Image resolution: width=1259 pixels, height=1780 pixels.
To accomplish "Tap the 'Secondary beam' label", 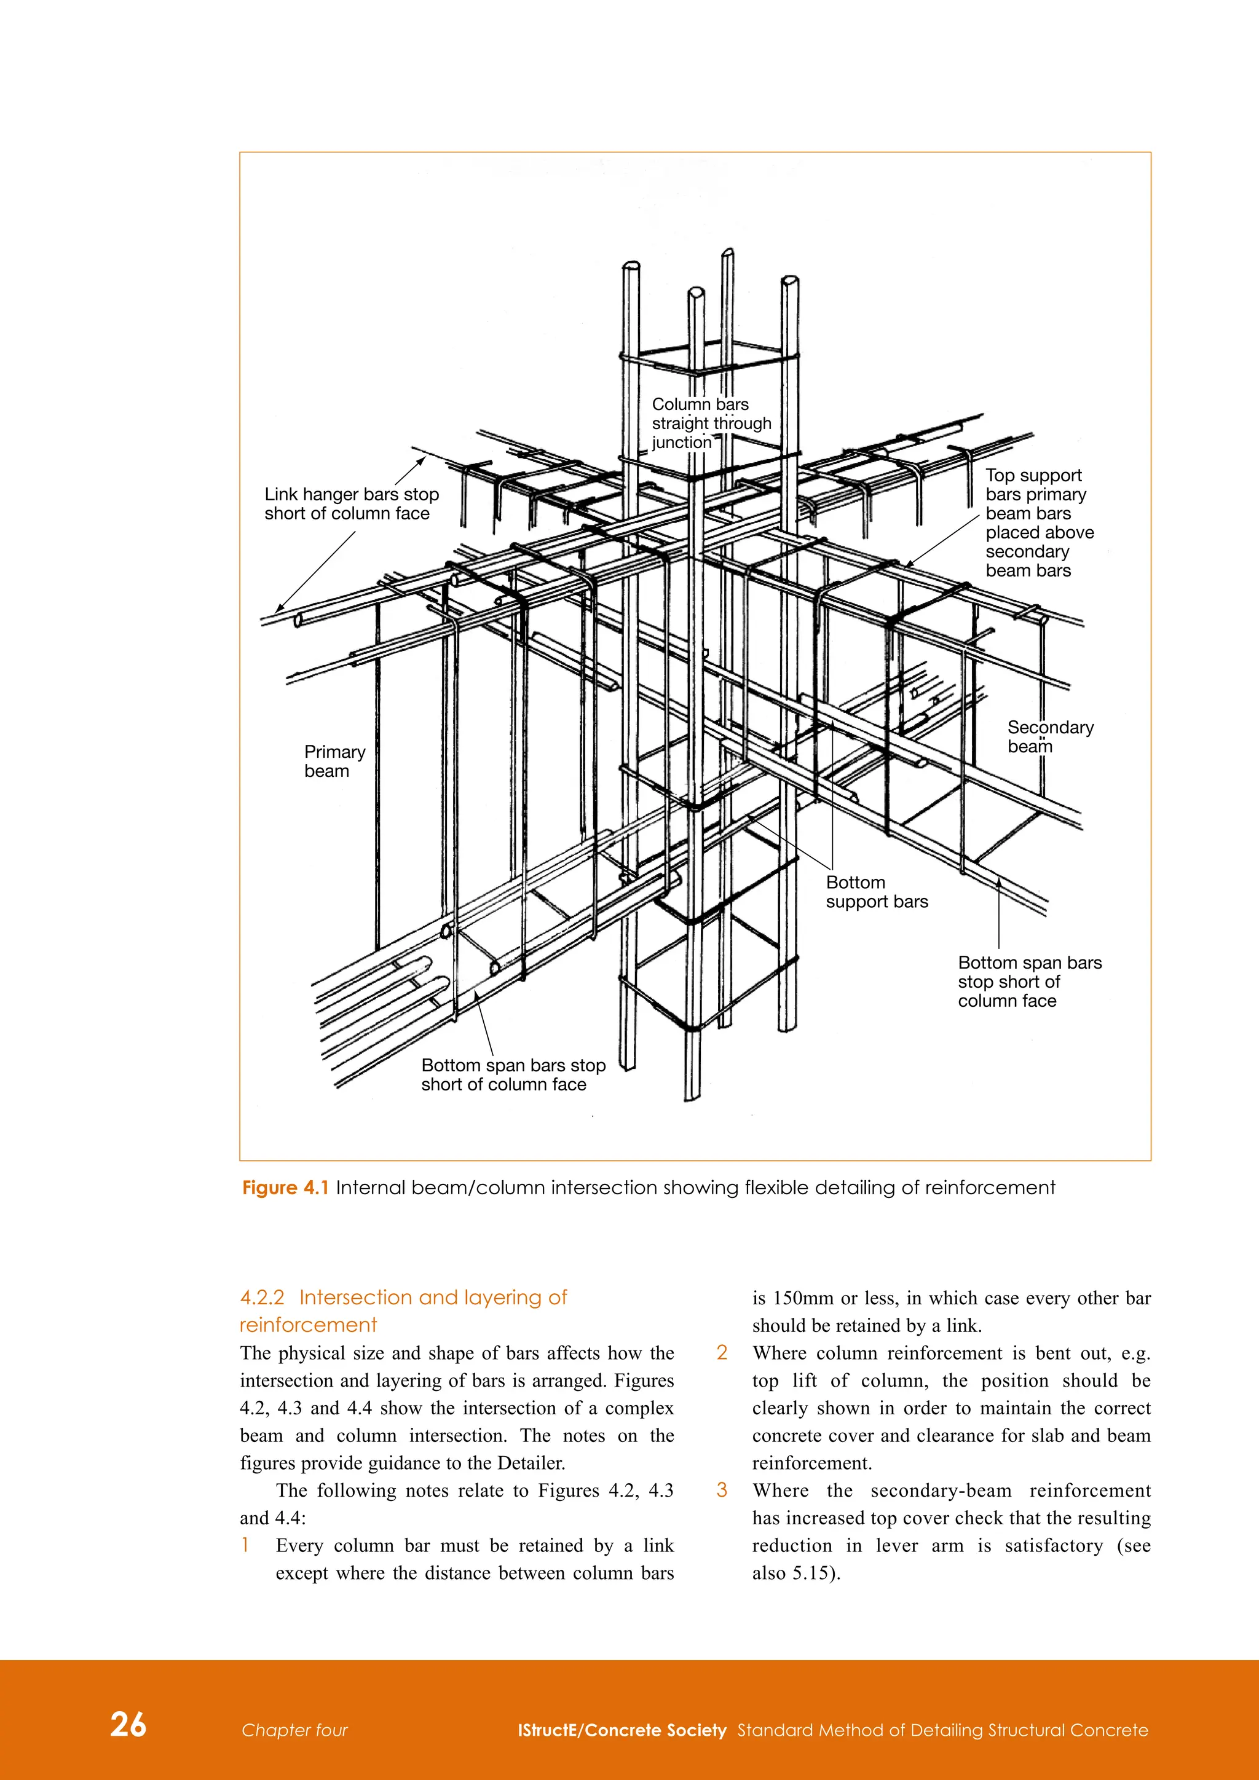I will point(1050,736).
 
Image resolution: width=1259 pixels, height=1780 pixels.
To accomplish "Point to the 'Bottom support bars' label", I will point(876,892).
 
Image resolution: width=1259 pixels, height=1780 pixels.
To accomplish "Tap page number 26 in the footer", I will point(128,1724).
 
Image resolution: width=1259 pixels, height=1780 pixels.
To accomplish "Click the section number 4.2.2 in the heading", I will point(262,1297).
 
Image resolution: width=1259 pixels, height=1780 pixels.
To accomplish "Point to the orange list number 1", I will point(245,1545).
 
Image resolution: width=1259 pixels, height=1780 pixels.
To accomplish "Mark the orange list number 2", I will point(722,1353).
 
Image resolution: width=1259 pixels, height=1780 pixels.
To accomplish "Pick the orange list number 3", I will point(722,1490).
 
